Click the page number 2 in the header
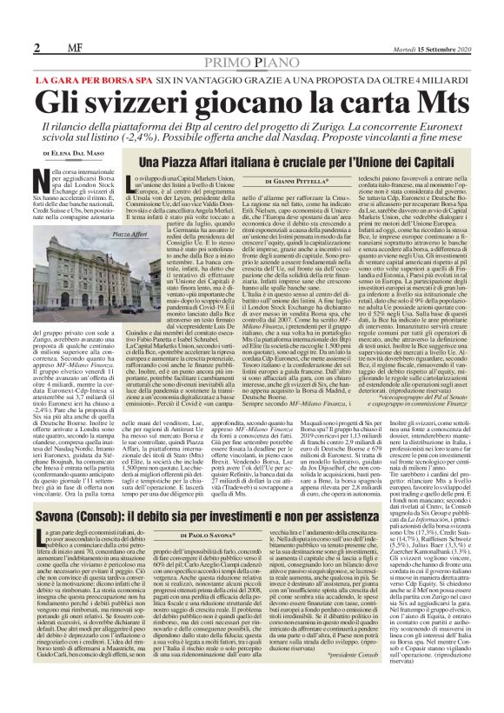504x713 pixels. point(38,47)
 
